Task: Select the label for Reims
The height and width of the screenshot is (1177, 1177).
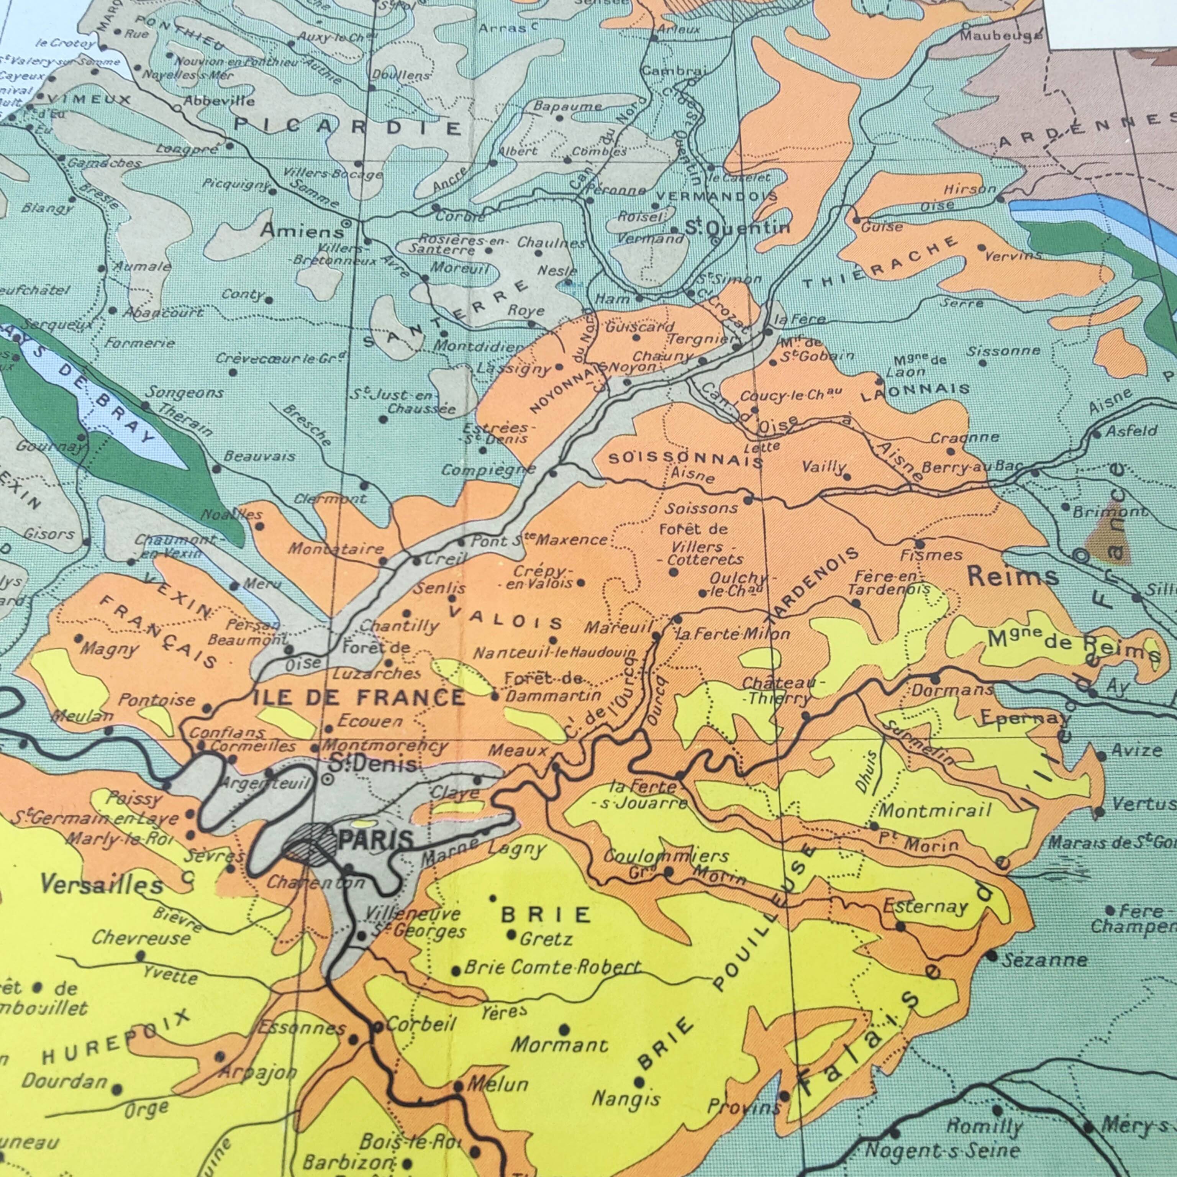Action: tap(1013, 576)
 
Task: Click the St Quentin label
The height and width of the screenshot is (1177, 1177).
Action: tap(738, 228)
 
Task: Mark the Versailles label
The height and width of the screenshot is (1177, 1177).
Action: tap(102, 885)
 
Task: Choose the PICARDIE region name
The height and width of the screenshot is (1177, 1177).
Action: tap(349, 126)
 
